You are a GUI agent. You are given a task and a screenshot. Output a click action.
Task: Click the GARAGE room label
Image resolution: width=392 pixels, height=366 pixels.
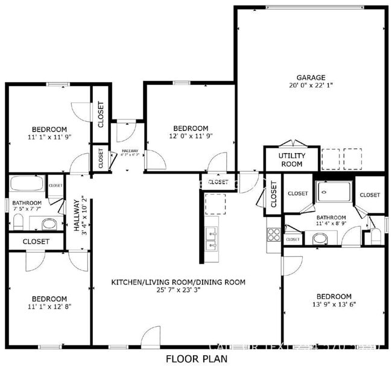pos(311,77)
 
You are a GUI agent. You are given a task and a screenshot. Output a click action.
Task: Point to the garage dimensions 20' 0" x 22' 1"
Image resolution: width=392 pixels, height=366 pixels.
pos(311,86)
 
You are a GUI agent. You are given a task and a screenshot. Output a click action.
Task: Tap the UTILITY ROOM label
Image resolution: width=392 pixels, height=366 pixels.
pos(291,160)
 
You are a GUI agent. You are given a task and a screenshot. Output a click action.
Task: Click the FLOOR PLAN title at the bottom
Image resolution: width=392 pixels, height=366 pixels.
pos(197,359)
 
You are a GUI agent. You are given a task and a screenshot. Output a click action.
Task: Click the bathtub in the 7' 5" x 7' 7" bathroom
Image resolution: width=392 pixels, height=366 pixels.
pos(27,183)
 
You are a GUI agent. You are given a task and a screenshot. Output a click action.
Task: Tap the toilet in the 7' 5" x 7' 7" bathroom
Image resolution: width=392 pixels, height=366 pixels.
pos(17,223)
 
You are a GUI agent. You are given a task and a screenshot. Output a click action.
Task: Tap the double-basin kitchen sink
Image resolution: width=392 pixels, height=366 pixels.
pos(211,238)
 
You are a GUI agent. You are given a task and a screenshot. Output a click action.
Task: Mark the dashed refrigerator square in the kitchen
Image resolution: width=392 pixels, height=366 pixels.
pos(215,204)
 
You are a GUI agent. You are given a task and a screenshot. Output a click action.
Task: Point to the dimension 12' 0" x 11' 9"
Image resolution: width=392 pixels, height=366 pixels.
pos(191,136)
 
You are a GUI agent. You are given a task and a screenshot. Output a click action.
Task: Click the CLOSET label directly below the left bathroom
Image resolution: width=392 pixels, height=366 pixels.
pos(36,241)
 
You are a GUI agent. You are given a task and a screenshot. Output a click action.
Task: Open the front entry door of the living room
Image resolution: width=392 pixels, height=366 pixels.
pos(151,336)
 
